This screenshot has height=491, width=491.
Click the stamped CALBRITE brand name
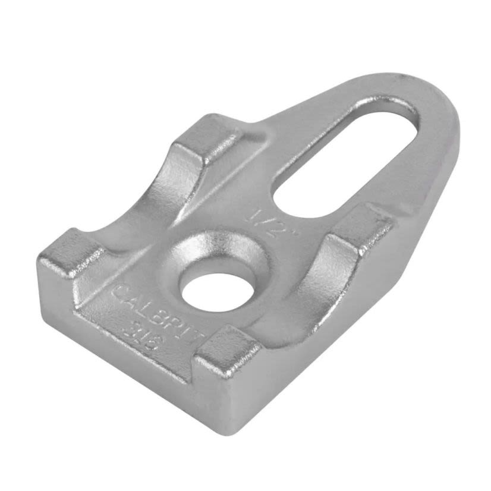pos(158,312)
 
